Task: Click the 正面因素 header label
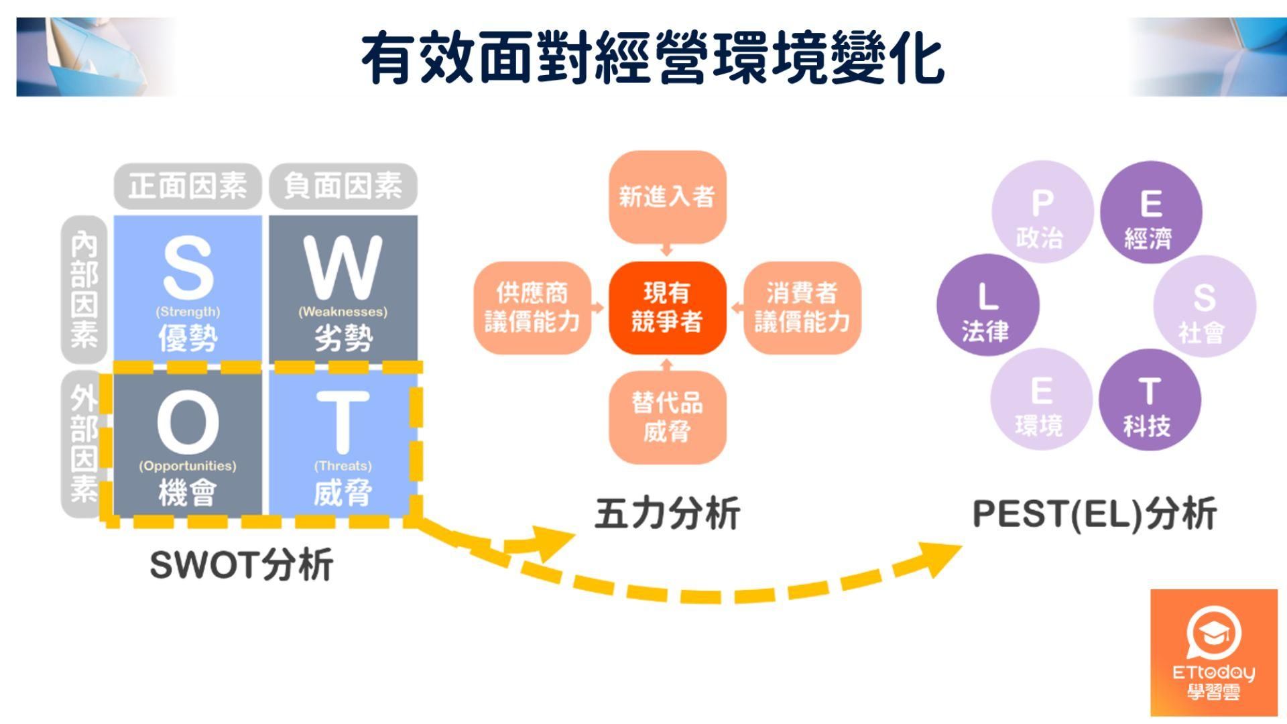point(188,186)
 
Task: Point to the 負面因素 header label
point(343,186)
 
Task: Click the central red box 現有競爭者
point(667,308)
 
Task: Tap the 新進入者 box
point(667,196)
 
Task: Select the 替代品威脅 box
point(667,417)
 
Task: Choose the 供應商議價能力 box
point(532,308)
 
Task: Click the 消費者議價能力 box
point(802,308)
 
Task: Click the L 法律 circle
point(987,305)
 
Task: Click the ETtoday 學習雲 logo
point(1214,653)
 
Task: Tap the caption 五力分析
point(667,514)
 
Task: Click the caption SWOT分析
point(241,564)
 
